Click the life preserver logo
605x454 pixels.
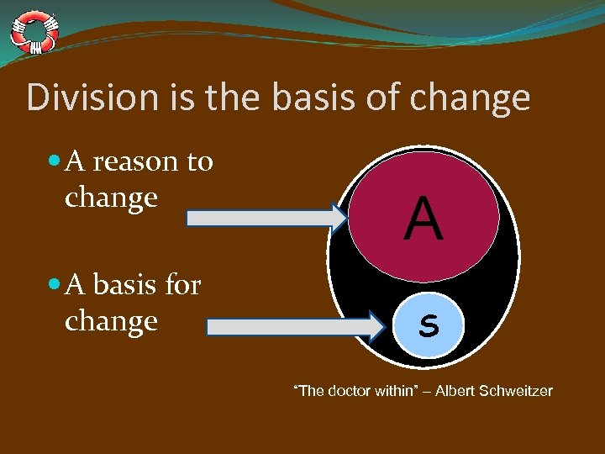(x=34, y=31)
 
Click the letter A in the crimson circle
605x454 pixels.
(x=423, y=219)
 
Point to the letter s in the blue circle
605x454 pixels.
(x=429, y=325)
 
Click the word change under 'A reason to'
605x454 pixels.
(x=111, y=198)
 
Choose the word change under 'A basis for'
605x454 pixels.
(x=111, y=322)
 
